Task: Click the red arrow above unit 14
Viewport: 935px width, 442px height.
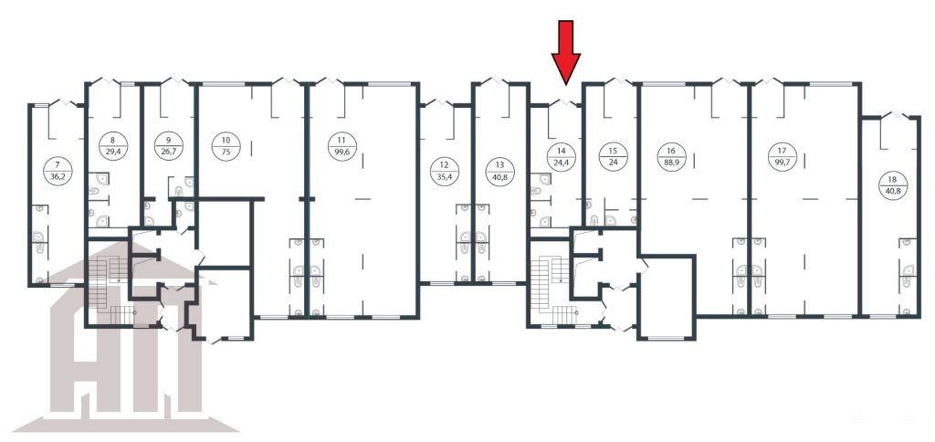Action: [565, 52]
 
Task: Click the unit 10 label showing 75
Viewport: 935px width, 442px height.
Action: [226, 147]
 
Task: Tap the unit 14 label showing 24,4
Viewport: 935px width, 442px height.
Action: [562, 157]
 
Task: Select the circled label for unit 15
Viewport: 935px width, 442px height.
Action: [612, 157]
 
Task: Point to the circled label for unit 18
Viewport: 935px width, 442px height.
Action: [892, 185]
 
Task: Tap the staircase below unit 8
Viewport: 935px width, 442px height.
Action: [112, 290]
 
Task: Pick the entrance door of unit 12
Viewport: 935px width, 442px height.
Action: [439, 103]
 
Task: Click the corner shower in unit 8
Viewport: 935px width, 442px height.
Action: [101, 178]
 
